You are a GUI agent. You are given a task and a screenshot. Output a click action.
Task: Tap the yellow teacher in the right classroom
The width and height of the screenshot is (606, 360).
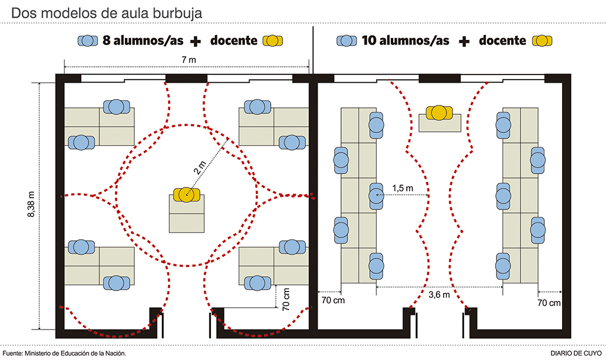[440, 112]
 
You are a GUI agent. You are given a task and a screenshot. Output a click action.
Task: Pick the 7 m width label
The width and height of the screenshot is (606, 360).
[187, 60]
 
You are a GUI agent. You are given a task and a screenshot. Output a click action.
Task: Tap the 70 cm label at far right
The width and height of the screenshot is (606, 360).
[549, 303]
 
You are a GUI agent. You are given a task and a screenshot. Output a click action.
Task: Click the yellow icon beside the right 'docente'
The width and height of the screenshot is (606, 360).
[542, 41]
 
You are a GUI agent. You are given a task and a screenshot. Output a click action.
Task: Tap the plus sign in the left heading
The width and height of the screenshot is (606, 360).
[196, 41]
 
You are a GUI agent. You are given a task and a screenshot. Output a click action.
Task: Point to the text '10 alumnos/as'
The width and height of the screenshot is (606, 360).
[406, 41]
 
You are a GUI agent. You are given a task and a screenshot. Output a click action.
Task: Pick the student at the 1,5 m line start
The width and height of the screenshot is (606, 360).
[376, 194]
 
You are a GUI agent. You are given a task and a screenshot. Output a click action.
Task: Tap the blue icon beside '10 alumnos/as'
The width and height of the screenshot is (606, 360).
[346, 41]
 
